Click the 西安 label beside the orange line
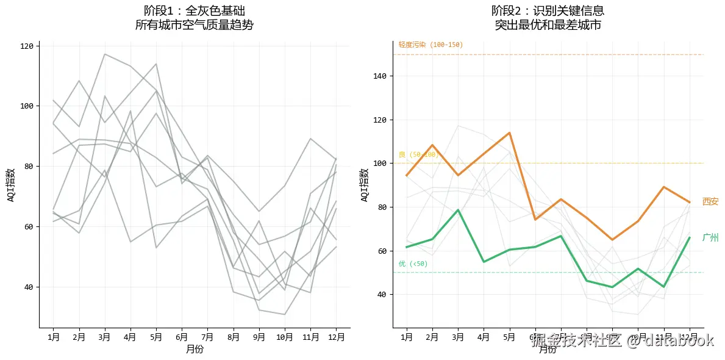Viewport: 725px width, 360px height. [x=710, y=202]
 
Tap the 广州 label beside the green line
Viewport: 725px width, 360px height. [x=710, y=238]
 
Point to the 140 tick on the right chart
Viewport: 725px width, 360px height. [x=379, y=76]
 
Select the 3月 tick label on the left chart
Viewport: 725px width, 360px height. [x=105, y=336]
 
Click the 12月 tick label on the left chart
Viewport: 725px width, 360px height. [x=336, y=336]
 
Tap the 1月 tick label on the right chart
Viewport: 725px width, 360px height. [x=407, y=336]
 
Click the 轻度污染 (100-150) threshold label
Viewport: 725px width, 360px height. [x=430, y=45]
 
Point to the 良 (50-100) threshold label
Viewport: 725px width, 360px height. [x=418, y=154]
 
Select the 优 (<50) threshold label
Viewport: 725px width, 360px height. [x=413, y=264]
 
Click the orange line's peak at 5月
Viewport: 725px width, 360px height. [x=509, y=132]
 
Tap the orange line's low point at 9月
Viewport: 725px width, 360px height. [x=612, y=240]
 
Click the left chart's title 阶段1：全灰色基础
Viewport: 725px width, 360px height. [x=195, y=11]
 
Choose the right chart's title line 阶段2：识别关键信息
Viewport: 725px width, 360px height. [x=548, y=11]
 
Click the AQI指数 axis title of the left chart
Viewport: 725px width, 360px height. [x=11, y=184]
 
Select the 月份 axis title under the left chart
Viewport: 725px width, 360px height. [x=195, y=349]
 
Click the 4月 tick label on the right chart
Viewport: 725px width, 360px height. [x=484, y=336]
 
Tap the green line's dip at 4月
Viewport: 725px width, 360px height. [x=484, y=262]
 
